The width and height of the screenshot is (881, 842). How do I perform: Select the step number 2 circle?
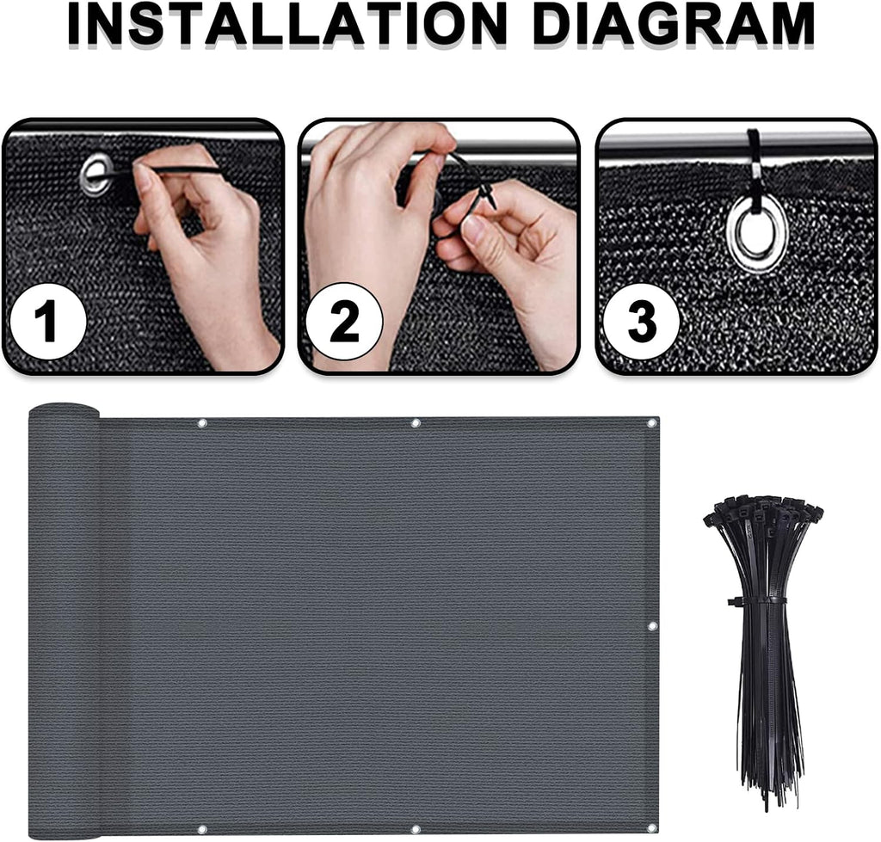point(344,322)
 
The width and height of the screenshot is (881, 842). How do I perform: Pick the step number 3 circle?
point(641,322)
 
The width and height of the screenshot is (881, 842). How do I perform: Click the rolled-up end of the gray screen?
point(64,618)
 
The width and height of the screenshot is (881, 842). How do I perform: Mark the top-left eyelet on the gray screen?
point(202,423)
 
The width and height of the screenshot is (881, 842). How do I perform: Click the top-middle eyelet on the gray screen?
point(416,423)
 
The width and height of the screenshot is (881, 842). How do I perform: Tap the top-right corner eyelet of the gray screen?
point(652,423)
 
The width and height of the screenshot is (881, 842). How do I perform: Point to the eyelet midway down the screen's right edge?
point(652,626)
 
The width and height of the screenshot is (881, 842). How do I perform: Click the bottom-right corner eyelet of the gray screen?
point(651,828)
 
